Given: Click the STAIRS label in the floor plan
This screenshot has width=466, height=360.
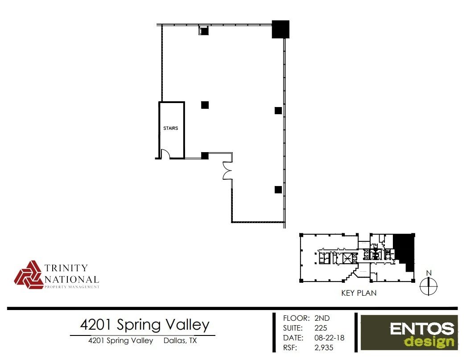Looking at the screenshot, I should click(171, 128).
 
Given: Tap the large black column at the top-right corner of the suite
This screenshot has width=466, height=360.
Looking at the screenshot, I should click(280, 29).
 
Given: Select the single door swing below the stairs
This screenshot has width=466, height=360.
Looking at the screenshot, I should click(165, 154).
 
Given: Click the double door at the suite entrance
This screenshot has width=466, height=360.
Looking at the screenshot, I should click(227, 170).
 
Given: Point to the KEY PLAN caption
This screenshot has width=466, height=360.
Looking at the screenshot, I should click(359, 293).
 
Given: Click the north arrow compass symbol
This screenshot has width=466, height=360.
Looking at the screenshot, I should click(429, 286).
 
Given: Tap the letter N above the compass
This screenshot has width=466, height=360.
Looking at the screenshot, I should click(429, 273).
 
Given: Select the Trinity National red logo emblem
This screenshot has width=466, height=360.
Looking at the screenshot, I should click(29, 275).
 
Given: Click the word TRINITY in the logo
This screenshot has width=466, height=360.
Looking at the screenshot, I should click(66, 268).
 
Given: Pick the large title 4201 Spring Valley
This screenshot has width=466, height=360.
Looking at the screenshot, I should click(144, 324).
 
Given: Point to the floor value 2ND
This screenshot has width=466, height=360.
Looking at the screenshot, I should click(322, 319).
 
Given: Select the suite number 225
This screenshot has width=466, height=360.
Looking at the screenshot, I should click(321, 328).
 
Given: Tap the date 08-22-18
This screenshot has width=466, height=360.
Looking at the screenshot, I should click(330, 338).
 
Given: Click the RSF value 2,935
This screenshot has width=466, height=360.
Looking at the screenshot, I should click(324, 348).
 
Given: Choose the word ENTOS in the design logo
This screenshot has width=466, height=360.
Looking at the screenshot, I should click(422, 330).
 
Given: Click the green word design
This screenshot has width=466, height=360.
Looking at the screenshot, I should click(429, 342).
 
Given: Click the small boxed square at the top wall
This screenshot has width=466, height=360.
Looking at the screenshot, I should click(203, 31).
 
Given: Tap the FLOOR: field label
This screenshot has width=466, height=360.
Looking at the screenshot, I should click(296, 319).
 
